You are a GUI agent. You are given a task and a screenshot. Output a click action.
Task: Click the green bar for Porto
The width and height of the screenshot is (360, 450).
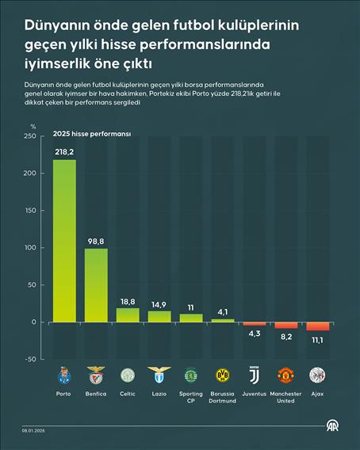[64, 241]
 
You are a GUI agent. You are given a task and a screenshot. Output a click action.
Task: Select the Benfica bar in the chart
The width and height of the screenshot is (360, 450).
[96, 285]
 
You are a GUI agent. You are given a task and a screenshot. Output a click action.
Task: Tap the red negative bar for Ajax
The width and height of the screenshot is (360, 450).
[318, 326]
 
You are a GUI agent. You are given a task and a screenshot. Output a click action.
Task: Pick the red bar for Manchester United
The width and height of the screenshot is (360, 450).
[286, 325]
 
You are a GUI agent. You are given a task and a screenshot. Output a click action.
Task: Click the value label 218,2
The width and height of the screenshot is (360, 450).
[64, 151]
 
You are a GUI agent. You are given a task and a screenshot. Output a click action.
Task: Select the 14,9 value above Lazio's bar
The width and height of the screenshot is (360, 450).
[159, 304]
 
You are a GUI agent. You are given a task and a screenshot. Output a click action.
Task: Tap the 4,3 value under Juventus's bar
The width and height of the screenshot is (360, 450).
[255, 334]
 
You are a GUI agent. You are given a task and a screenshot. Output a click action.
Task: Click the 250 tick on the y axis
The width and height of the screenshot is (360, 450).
[29, 136]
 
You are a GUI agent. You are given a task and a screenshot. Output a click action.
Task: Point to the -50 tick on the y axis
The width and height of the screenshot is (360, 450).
[29, 359]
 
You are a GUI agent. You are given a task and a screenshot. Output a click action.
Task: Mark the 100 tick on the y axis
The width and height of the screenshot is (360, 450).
[29, 248]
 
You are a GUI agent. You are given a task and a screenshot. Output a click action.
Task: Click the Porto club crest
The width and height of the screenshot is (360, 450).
[64, 375]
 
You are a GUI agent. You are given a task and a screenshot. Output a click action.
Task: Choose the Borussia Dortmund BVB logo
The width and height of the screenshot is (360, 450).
[223, 375]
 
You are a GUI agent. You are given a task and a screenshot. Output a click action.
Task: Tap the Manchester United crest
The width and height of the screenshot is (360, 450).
[286, 375]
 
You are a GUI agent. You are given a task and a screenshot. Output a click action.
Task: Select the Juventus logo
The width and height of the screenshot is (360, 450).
[255, 375]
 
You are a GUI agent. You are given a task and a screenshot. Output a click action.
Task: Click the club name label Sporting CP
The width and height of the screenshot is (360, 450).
[191, 397]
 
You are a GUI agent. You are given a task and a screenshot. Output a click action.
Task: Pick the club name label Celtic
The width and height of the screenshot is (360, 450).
[128, 394]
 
